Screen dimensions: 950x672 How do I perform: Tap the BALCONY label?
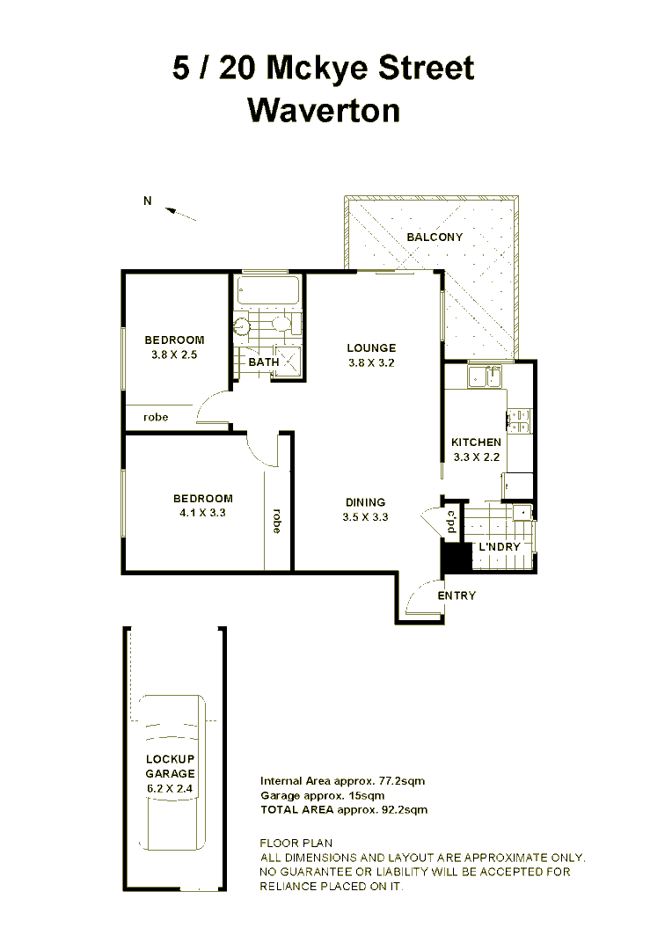pyautogui.click(x=434, y=237)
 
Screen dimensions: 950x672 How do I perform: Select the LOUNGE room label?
pyautogui.click(x=370, y=348)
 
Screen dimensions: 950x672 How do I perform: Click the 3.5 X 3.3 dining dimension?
pyautogui.click(x=365, y=517)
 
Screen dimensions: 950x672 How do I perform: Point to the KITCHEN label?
pyautogui.click(x=476, y=442)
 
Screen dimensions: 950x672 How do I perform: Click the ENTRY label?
pyautogui.click(x=457, y=596)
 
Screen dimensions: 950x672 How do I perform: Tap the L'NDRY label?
pyautogui.click(x=499, y=546)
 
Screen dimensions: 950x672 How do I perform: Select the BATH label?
pyautogui.click(x=264, y=362)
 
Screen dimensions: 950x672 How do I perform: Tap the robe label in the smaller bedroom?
pyautogui.click(x=155, y=417)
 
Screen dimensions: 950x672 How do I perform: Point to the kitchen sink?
pyautogui.click(x=485, y=377)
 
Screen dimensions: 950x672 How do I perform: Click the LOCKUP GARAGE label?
pyautogui.click(x=171, y=766)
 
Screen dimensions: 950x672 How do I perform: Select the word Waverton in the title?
pyautogui.click(x=324, y=110)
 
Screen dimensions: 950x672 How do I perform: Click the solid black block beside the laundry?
pyautogui.click(x=453, y=558)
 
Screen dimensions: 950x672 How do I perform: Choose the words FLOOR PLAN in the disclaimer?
pyautogui.click(x=296, y=844)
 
